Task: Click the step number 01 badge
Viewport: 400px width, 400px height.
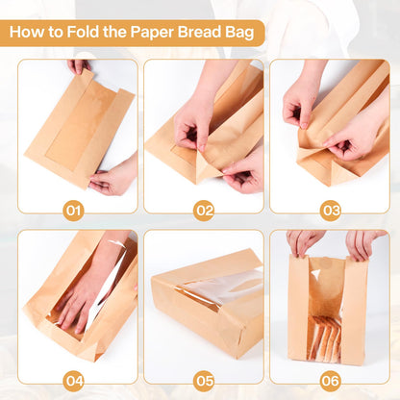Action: pos(73,211)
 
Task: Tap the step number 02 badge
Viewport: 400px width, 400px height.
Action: pos(204,211)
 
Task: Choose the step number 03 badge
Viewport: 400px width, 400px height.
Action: pos(331,211)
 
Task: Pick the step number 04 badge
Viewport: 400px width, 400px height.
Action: pos(73,381)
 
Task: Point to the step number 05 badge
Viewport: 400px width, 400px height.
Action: pos(204,381)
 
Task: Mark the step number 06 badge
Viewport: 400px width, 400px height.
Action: pos(331,381)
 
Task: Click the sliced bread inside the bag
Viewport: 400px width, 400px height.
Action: pos(324,337)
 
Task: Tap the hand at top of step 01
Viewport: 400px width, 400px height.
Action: pos(79,65)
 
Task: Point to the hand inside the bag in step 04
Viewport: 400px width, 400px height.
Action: pos(85,296)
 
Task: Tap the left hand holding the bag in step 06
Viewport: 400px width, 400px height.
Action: pos(303,242)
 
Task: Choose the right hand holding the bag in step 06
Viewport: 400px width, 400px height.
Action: pos(363,242)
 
